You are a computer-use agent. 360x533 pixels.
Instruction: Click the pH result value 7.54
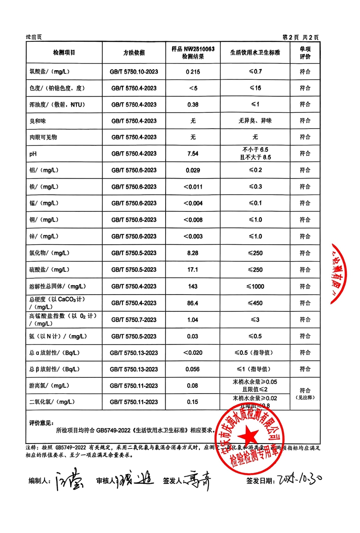(193, 153)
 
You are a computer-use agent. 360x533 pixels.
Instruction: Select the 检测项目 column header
(64, 53)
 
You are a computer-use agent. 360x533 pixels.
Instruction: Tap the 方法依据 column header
(134, 53)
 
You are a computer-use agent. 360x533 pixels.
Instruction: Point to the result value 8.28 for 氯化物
(193, 253)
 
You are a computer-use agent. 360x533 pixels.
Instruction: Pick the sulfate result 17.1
(193, 270)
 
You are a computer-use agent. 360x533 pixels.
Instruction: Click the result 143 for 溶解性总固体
(193, 287)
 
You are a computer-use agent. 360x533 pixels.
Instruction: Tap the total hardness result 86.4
(193, 303)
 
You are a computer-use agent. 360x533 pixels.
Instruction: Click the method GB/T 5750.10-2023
(134, 72)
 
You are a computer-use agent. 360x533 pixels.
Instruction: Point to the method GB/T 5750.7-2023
(134, 320)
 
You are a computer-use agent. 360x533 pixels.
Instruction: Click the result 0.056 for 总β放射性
(193, 369)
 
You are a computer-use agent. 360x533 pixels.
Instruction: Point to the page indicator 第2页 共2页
(300, 37)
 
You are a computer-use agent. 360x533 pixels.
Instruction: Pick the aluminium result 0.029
(193, 170)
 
